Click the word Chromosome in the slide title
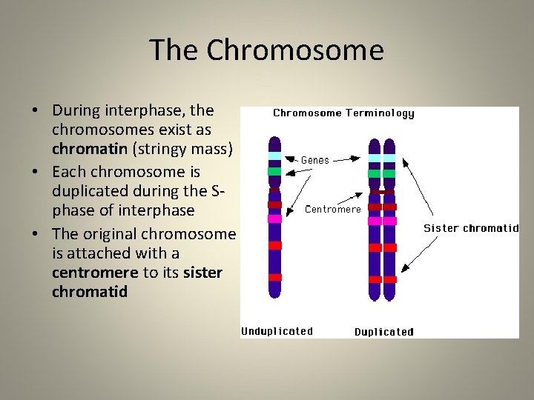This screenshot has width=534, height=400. point(295,50)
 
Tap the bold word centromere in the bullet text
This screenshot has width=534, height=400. point(94,273)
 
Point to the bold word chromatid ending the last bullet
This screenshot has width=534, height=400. point(90,292)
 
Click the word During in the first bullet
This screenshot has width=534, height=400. point(78,110)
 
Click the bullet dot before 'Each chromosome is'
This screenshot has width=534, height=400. point(35,172)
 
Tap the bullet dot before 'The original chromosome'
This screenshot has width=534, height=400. point(35,233)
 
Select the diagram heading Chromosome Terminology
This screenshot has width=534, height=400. point(343,113)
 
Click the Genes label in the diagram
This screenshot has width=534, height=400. point(315,159)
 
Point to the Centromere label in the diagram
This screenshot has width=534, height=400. point(333,209)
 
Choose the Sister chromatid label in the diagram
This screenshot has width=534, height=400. point(471,228)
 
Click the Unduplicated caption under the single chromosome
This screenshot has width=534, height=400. point(277,331)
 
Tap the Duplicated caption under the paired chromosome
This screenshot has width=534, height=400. point(384,332)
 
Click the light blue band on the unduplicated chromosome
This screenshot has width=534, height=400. point(275,156)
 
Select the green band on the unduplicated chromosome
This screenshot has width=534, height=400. point(275,171)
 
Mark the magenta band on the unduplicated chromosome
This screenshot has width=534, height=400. point(275,219)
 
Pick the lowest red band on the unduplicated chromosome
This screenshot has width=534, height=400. point(275,277)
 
